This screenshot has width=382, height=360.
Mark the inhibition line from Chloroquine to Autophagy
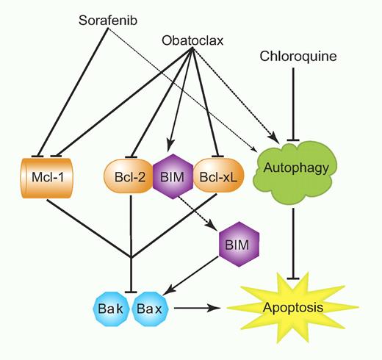[295, 103]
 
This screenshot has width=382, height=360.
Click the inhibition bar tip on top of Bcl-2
[129, 156]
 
